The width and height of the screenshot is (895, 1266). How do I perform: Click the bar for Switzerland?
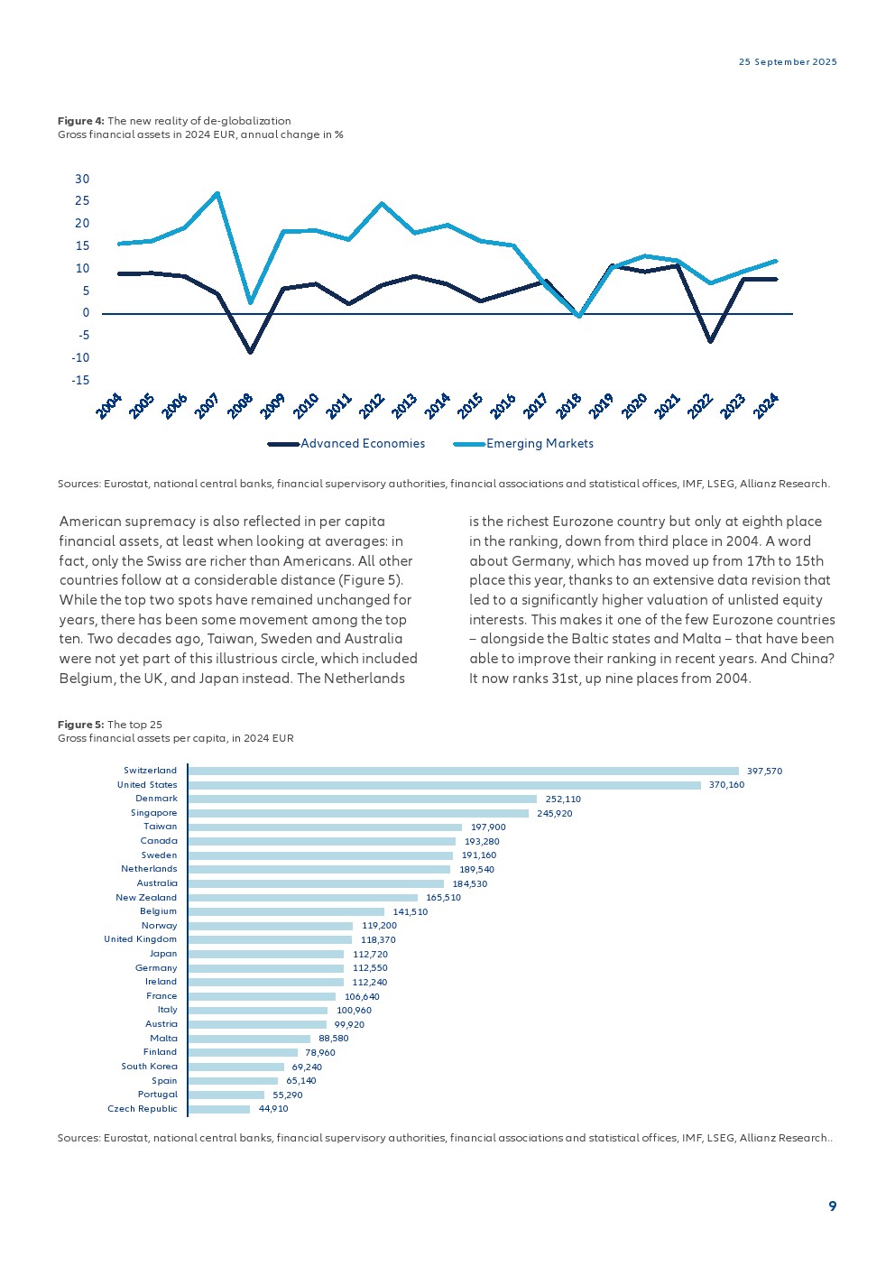click(463, 771)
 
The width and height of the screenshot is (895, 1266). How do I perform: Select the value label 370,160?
click(727, 785)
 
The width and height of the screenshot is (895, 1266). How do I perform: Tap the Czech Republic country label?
click(143, 1109)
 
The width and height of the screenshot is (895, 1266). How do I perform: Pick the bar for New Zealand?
click(303, 898)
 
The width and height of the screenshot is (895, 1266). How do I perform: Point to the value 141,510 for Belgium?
click(411, 912)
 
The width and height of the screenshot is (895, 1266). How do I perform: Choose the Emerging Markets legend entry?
click(540, 444)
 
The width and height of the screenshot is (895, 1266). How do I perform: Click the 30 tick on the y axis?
click(82, 179)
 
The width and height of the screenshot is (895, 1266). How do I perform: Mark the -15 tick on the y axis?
click(80, 381)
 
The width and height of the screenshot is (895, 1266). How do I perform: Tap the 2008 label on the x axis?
click(240, 406)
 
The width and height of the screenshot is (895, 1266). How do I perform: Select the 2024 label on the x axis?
click(766, 406)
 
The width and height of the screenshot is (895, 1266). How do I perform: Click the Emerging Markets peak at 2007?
click(217, 193)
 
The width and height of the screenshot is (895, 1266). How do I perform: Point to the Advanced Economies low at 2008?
click(251, 352)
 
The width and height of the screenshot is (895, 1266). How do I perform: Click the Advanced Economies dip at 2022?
click(711, 342)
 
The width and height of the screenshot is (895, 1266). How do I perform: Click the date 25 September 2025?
click(788, 62)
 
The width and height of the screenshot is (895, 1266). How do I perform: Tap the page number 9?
click(832, 1206)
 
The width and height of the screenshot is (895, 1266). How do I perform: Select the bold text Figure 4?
click(81, 121)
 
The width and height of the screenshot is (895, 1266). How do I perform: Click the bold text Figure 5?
click(81, 725)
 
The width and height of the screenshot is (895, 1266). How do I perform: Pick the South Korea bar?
click(236, 1067)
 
